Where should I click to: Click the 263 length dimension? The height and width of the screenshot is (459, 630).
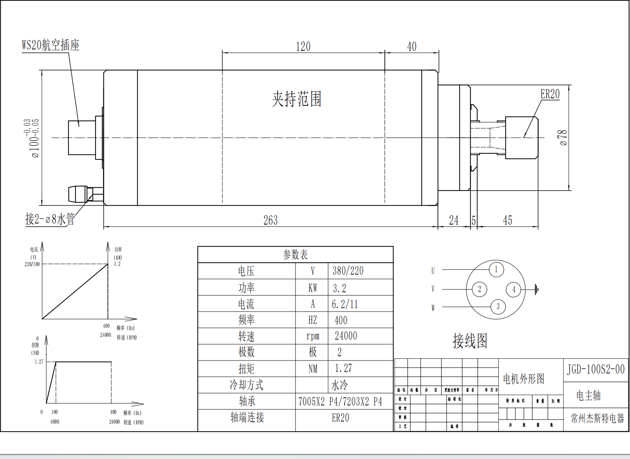pos(270,220)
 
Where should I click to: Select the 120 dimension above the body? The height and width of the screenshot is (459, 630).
pos(303,47)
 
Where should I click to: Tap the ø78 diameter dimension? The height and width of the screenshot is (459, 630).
pos(562,138)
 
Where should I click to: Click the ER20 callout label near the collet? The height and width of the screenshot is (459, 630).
pos(550,94)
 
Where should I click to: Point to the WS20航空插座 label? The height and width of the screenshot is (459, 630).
pos(50,45)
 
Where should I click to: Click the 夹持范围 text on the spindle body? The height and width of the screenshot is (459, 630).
pos(297,99)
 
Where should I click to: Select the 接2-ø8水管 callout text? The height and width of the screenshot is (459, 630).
pos(50,219)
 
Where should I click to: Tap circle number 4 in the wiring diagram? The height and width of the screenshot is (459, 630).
pos(513,289)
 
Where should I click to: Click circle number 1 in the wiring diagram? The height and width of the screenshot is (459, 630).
pos(496,269)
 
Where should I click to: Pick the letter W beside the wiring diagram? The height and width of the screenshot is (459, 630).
pos(433,308)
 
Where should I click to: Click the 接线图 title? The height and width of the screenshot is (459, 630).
pos(470,341)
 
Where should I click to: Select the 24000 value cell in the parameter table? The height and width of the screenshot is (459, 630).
pos(346,336)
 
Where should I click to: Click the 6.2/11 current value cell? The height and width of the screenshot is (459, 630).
pos(345,304)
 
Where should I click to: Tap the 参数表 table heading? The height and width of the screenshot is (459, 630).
pos(295,255)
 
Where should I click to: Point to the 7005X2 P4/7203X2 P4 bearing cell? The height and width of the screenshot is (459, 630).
pos(340,401)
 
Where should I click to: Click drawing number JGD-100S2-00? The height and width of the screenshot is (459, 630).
pos(596,369)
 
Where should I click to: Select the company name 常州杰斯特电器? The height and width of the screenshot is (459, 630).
pos(597,418)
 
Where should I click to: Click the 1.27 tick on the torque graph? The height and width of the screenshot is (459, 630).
pos(39,362)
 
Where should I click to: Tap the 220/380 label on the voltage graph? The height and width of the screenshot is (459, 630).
pos(32,264)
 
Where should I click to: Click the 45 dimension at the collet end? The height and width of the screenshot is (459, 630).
pos(507,220)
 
